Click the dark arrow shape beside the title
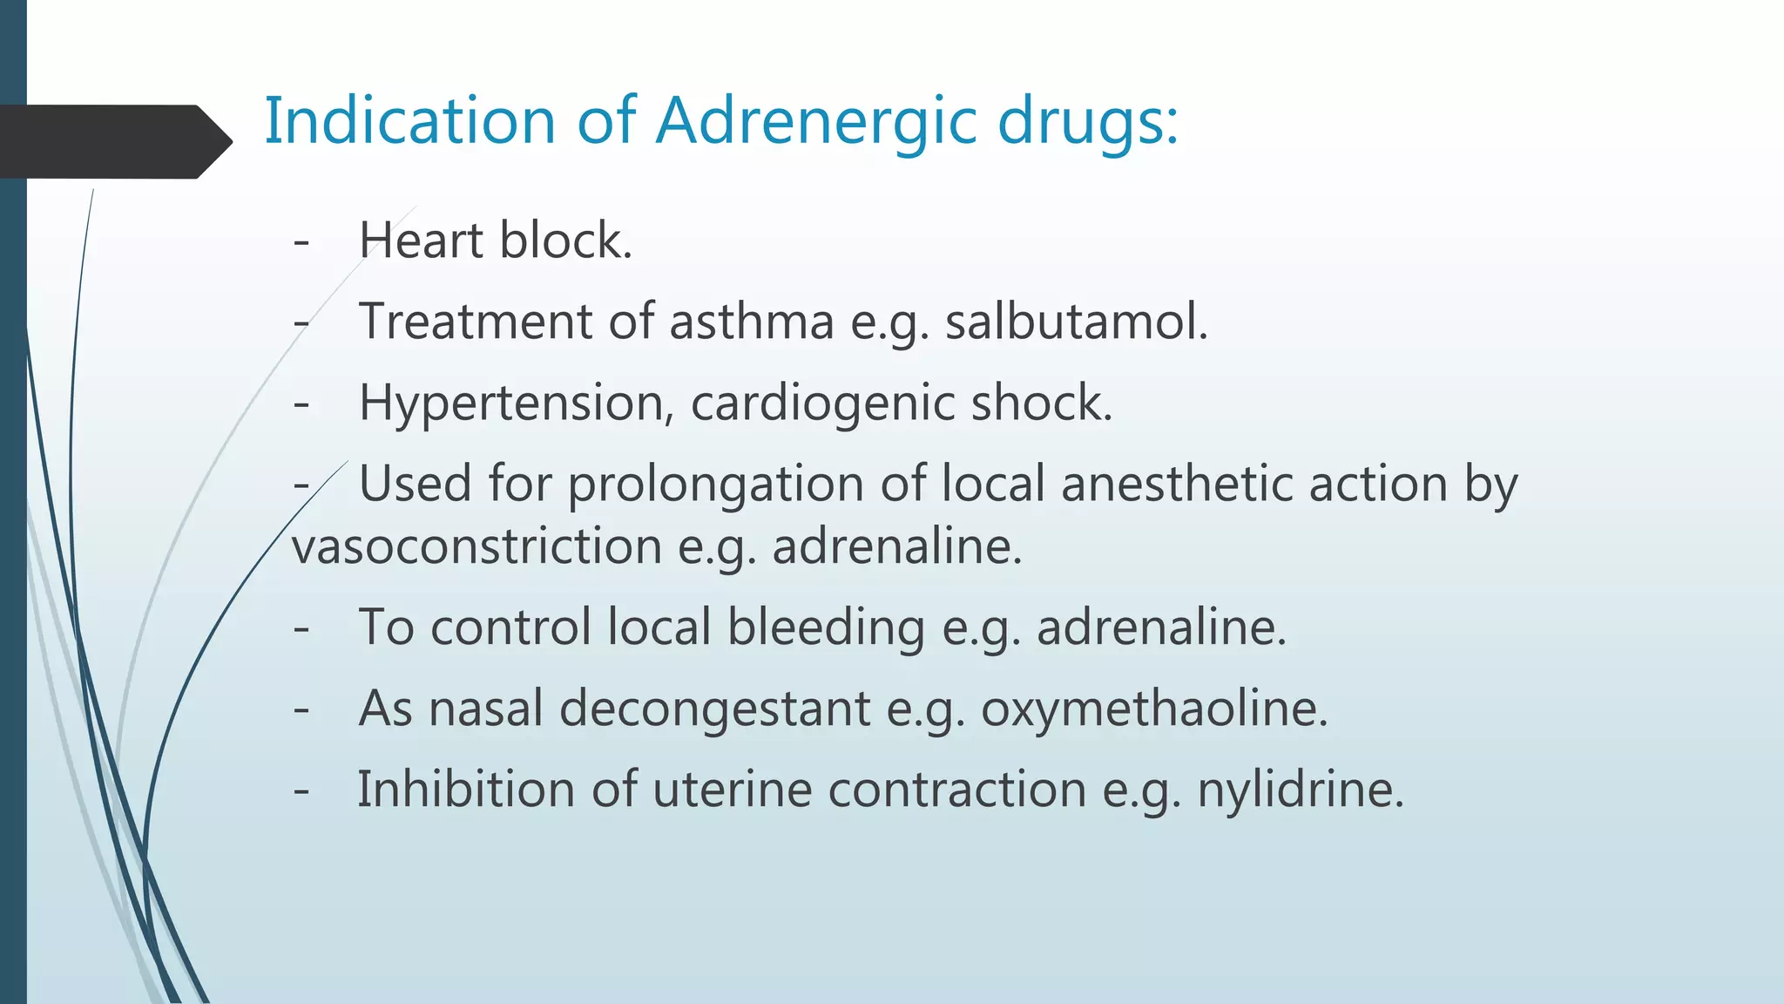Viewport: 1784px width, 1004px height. pos(113,141)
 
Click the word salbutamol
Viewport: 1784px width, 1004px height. pos(1077,322)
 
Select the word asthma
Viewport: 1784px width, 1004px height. pos(752,322)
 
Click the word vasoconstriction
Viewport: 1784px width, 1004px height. pos(476,547)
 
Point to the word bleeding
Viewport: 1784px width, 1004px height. pos(826,627)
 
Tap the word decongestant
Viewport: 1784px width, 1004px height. pos(714,709)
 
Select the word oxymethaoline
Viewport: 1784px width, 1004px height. pos(1154,709)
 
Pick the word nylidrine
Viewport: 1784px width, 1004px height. pos(1300,790)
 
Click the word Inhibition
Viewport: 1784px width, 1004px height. pos(466,790)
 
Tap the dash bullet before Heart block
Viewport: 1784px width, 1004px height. pos(302,242)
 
